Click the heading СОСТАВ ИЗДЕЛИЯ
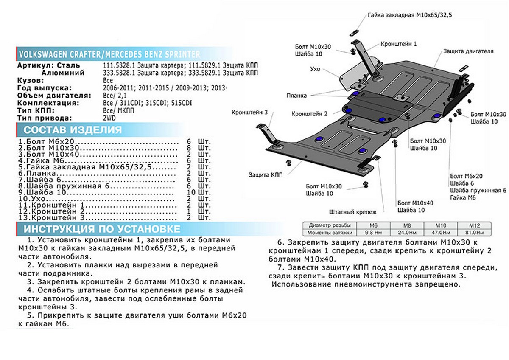(73, 130)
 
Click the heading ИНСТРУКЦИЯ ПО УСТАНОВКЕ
(102, 229)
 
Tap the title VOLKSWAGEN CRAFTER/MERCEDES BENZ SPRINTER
(108, 54)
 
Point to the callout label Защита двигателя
(468, 51)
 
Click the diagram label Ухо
(315, 69)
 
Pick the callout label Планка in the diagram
(296, 96)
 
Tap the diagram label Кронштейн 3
(249, 112)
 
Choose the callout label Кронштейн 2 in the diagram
(309, 114)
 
